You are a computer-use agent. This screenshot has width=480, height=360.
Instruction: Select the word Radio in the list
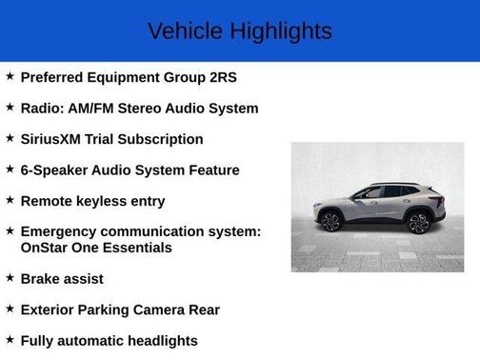[x=42, y=109]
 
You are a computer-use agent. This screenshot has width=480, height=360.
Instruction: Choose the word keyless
[x=104, y=201]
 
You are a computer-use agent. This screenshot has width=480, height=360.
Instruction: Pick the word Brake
[x=42, y=279]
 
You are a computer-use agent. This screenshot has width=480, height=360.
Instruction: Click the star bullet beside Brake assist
[x=10, y=278]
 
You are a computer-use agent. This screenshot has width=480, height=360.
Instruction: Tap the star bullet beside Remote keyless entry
[x=10, y=200]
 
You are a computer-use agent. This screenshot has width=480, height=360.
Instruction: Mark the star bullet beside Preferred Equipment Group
[x=10, y=76]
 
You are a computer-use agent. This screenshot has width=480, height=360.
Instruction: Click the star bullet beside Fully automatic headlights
[x=10, y=339]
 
